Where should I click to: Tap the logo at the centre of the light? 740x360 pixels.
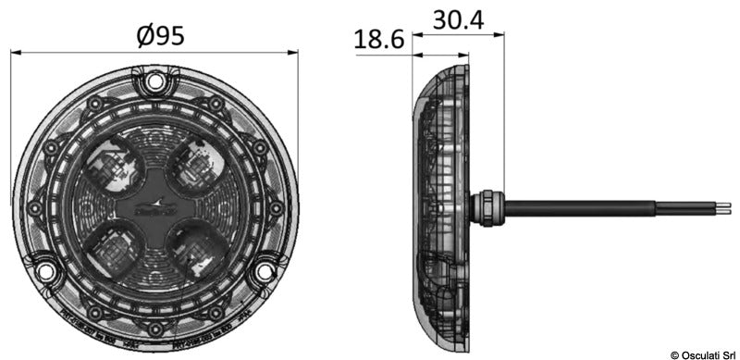(155, 207)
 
